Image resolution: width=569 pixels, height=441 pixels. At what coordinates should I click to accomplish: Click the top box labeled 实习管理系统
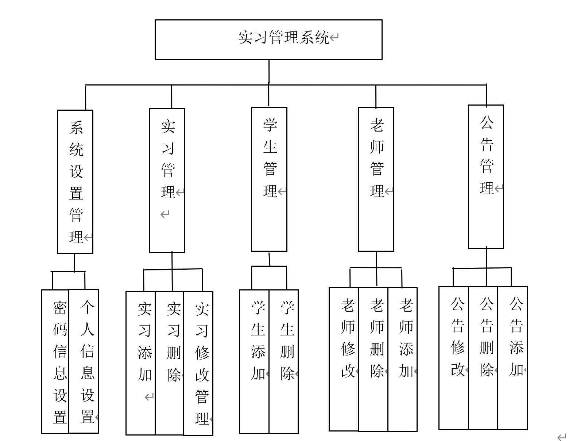coord(268,39)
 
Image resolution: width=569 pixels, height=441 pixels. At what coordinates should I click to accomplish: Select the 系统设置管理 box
coord(75,182)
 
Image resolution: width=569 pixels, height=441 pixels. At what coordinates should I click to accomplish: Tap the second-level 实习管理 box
coord(167,180)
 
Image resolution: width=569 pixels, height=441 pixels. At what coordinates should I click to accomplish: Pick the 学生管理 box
coord(269,179)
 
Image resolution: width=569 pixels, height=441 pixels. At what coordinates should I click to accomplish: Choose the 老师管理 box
coord(376,179)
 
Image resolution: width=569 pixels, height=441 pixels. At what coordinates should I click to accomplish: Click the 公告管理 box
coord(486,177)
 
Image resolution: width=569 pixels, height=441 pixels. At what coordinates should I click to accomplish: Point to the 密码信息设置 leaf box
coord(55,362)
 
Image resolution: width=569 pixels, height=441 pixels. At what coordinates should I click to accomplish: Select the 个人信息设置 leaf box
coord(84,361)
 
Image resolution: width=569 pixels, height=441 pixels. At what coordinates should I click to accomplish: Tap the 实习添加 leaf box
coord(141,363)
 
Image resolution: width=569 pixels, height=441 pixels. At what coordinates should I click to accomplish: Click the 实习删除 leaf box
coord(170,363)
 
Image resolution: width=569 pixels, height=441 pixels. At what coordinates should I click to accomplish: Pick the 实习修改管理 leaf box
coord(198,363)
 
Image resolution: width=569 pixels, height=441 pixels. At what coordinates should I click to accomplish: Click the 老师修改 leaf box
coord(344,359)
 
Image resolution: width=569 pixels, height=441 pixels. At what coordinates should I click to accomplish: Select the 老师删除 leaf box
coord(373,359)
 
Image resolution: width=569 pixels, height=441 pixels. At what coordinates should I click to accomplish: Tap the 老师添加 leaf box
coord(402,359)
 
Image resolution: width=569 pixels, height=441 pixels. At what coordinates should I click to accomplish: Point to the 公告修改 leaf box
coord(454,358)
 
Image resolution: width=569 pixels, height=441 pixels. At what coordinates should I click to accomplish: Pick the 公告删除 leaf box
coord(483,358)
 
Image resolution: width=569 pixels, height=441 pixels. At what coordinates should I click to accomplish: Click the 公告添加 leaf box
coord(512,358)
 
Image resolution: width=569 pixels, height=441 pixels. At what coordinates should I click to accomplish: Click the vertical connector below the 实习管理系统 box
coord(269,72)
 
